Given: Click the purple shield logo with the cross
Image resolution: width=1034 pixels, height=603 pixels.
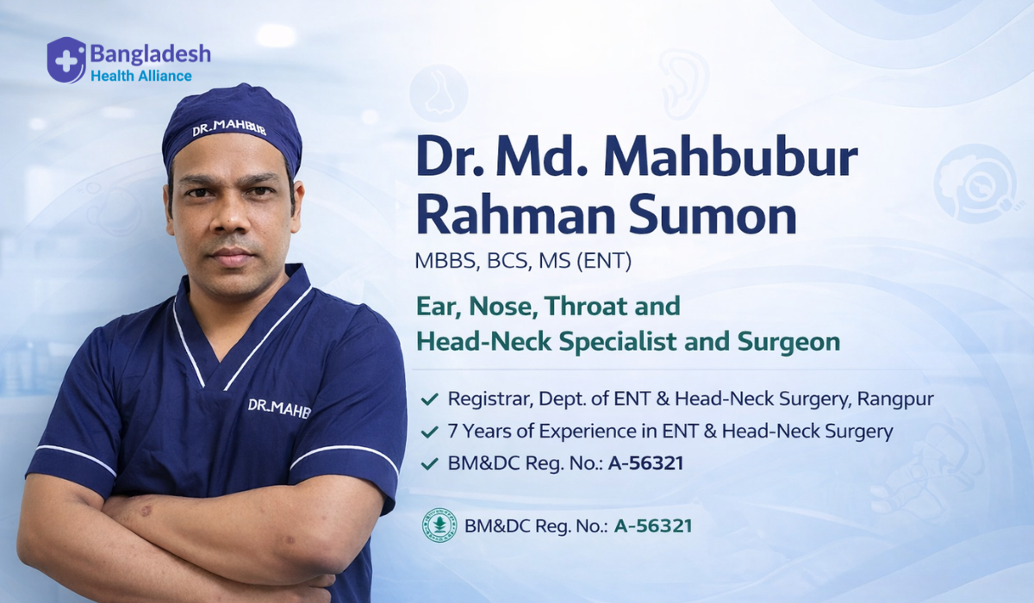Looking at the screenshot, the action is point(66,60).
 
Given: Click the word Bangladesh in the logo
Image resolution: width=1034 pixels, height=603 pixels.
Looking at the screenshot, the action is point(151,55).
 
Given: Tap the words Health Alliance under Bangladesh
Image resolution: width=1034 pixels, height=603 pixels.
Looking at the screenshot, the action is point(141,76).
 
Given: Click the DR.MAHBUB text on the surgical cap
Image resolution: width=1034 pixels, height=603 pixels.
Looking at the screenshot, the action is point(229,127).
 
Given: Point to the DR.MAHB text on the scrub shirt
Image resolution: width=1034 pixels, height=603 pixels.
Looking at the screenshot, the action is point(279,408).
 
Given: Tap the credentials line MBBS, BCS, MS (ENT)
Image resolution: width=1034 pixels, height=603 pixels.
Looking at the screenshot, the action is point(523,261).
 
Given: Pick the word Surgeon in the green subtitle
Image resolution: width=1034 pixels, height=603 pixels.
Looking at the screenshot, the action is point(788,341).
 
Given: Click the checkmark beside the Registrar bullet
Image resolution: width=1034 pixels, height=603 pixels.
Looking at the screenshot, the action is point(429,399).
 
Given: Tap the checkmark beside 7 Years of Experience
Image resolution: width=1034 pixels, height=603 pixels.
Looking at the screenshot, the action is point(429,432).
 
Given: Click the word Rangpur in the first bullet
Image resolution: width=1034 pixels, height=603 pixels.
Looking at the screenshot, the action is point(895,399).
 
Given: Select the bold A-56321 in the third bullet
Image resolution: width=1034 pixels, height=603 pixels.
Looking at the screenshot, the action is point(645,463).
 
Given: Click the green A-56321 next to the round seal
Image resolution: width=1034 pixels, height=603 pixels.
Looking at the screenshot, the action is point(653,526).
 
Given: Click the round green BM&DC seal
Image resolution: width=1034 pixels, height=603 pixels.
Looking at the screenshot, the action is point(439,525).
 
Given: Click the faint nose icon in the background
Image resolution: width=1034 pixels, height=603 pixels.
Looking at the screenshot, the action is point(439,93).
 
